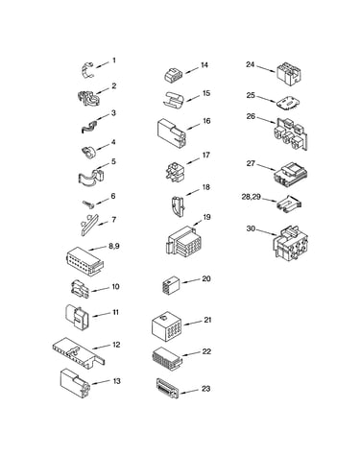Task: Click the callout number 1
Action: point(114,60)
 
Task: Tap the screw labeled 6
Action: point(88,204)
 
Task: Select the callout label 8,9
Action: point(114,246)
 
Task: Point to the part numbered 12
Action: point(79,350)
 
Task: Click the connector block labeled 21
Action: point(166,326)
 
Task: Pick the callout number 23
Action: point(205,389)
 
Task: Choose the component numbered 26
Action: point(292,133)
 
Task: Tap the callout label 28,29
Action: point(252,197)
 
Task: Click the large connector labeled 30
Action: point(291,243)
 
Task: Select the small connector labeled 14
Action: point(174,75)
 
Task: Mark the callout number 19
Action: point(206,217)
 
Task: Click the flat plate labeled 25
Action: point(288,103)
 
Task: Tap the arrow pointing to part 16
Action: point(195,126)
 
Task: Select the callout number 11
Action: point(115,312)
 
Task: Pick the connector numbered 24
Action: point(289,74)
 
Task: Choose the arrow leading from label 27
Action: point(266,167)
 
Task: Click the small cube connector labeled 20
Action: point(171,285)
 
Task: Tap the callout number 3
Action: point(113,113)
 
